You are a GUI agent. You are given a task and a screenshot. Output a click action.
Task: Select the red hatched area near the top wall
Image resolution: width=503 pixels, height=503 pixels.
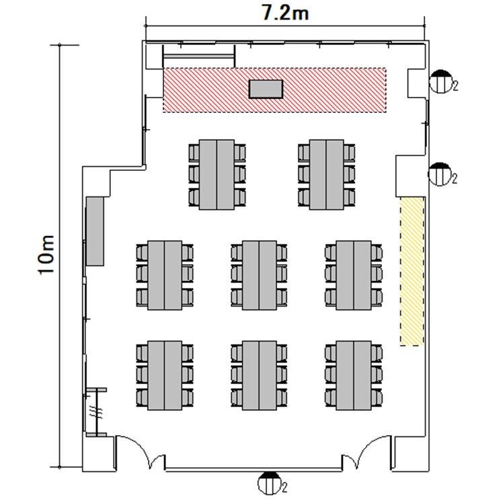274,90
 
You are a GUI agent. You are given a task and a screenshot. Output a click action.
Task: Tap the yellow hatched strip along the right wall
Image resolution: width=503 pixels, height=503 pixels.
412,272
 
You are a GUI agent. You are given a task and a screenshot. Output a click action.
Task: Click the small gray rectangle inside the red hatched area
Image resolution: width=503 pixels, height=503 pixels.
266,89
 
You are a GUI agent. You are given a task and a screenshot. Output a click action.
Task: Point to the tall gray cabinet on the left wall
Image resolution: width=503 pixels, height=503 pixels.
95,231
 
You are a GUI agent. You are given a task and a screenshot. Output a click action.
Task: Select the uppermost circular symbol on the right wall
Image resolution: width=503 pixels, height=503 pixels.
440,81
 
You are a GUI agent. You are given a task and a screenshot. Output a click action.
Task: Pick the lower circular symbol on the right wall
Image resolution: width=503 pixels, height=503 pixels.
440,174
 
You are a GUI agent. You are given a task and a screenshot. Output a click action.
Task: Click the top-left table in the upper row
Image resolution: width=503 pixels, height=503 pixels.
217,175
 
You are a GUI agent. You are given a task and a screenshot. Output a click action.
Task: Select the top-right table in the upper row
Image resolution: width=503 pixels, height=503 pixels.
327,175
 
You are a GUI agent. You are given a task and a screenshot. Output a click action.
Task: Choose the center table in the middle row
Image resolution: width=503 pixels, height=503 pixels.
259,275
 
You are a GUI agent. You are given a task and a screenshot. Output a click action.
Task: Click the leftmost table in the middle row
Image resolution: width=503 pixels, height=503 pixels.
165,275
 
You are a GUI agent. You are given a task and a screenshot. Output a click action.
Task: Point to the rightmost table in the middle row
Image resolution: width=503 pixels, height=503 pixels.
354,275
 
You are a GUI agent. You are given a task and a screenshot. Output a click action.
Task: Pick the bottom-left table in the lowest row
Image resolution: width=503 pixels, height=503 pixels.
165,375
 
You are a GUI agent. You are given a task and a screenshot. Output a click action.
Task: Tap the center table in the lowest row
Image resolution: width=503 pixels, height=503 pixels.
259,375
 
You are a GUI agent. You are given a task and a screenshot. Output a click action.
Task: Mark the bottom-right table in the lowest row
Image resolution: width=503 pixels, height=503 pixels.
354,375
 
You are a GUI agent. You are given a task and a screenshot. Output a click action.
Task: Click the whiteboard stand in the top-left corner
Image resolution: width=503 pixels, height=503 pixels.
199,56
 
